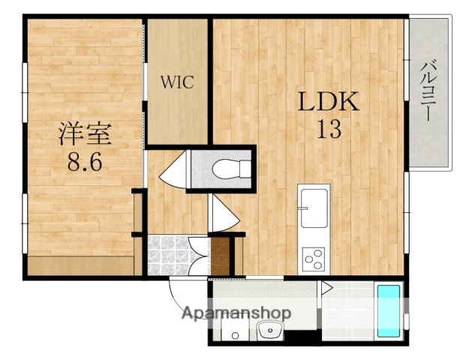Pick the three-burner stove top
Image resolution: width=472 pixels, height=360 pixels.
click(x=312, y=259)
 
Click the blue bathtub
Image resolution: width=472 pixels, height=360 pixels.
click(x=387, y=310)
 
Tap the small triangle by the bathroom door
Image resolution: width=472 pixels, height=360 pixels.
click(x=326, y=286)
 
